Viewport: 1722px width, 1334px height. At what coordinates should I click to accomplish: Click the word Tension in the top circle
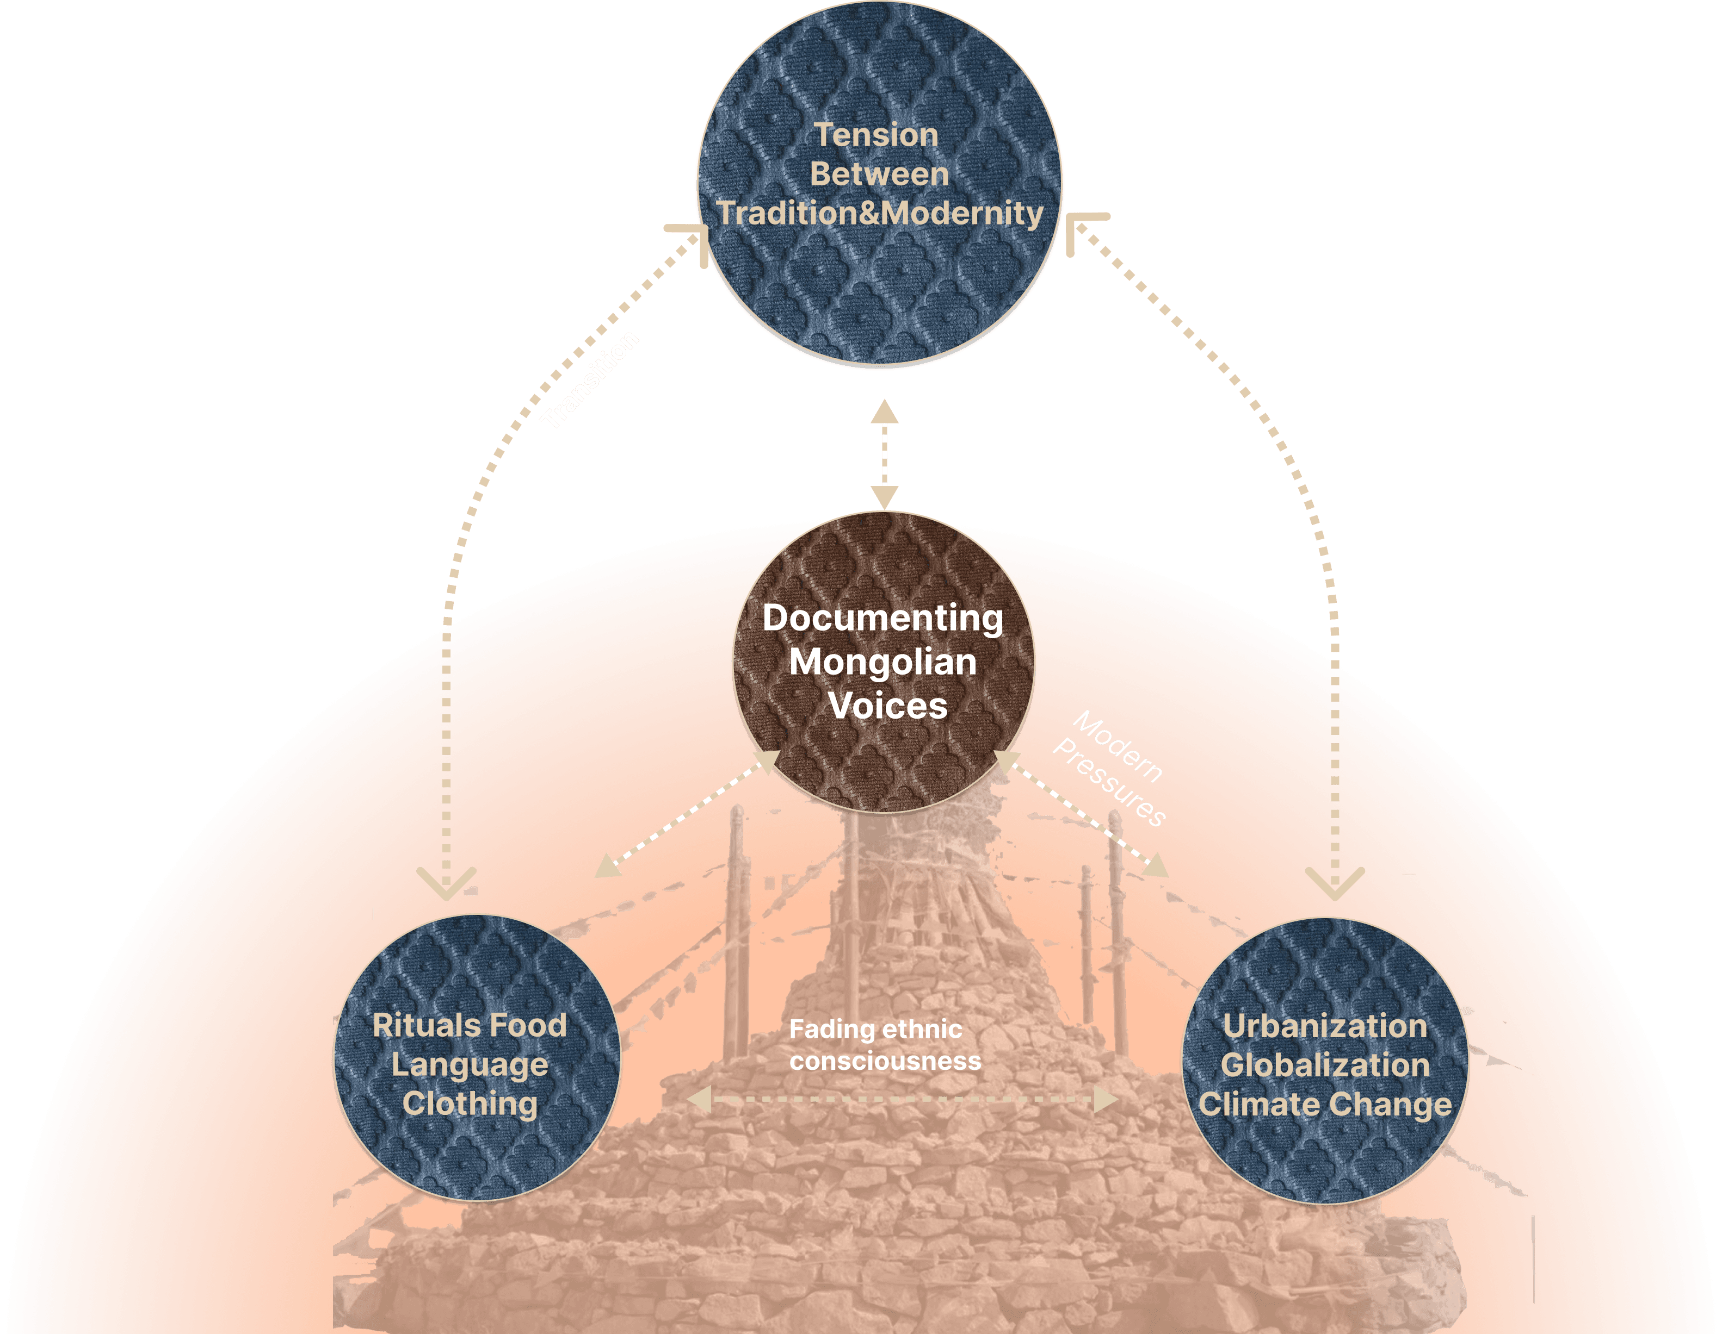click(876, 135)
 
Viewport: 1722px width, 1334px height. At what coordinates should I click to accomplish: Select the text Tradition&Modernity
click(880, 213)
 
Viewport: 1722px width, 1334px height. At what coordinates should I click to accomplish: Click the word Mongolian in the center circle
click(882, 662)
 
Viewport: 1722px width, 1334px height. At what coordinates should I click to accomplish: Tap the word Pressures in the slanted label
click(1109, 782)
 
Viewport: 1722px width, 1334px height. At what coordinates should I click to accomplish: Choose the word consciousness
click(885, 1061)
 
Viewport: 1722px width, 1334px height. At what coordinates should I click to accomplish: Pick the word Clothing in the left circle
click(470, 1103)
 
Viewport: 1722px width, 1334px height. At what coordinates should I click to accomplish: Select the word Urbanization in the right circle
click(1325, 1026)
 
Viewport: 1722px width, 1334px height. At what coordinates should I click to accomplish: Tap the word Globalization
click(1325, 1065)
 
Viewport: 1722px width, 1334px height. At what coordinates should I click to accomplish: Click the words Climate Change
click(1325, 1105)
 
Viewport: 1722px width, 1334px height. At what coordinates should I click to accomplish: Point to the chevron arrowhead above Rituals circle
click(446, 882)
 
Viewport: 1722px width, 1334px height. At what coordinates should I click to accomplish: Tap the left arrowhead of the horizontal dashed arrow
click(699, 1099)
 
